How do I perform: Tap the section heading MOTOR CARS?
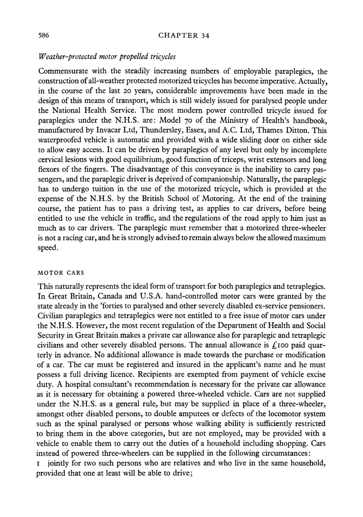click(61, 273)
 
